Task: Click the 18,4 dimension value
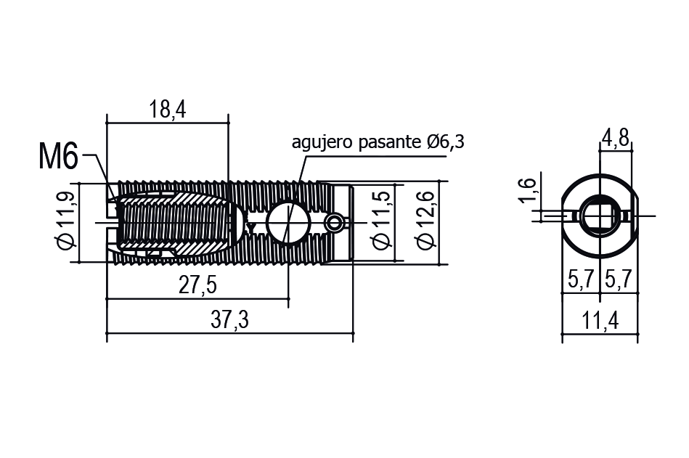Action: (x=167, y=110)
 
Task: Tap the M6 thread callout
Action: (x=58, y=156)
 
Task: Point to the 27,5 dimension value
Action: (x=197, y=285)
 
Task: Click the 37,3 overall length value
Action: (x=229, y=319)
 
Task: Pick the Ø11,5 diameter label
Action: (x=381, y=220)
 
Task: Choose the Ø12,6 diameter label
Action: (x=425, y=220)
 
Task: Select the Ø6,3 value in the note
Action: (x=444, y=142)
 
